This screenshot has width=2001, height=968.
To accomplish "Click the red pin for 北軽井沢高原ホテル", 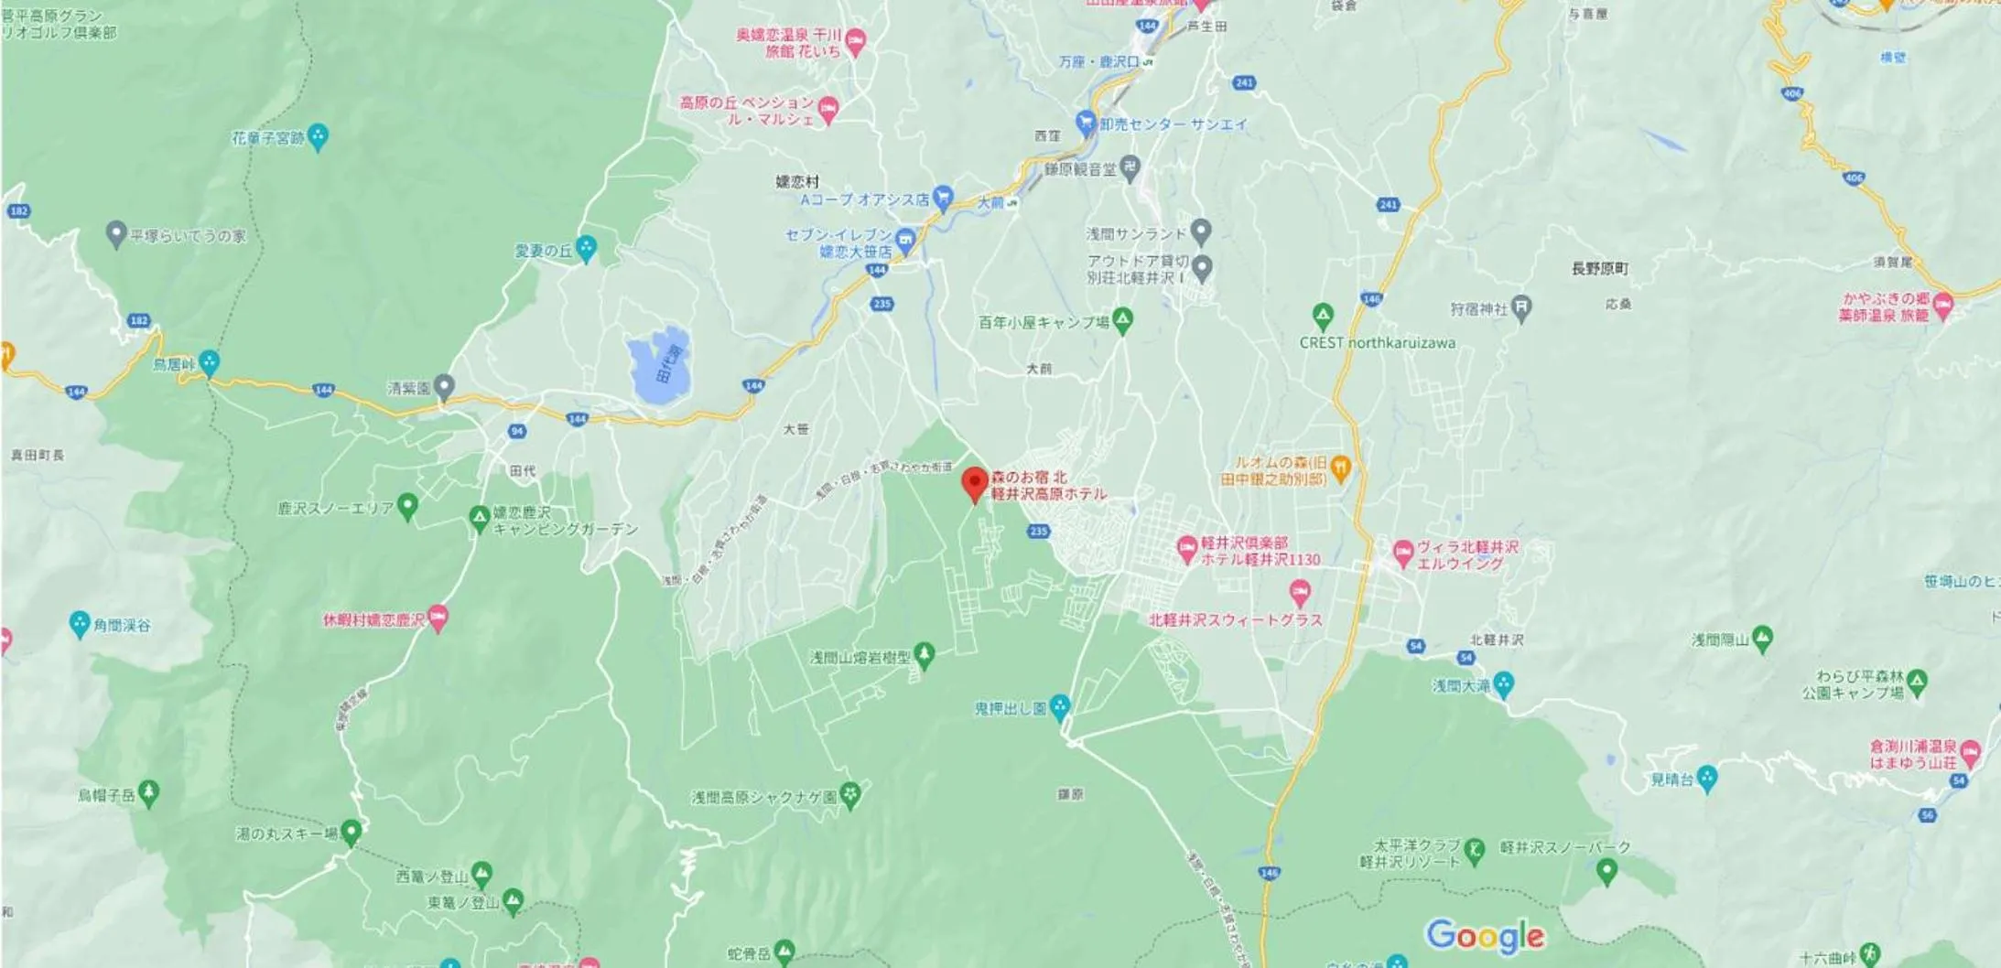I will click(975, 482).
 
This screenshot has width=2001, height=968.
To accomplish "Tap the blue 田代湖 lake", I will click(660, 367).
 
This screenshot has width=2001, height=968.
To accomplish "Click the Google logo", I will click(1485, 935).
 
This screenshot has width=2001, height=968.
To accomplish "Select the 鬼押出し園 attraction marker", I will click(1060, 706).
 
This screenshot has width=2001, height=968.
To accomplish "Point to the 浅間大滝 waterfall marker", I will click(1503, 684).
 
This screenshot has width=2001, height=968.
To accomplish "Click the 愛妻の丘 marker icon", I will click(586, 248).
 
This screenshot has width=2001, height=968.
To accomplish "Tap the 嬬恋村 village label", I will click(797, 182).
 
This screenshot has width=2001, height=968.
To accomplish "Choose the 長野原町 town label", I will click(1599, 269).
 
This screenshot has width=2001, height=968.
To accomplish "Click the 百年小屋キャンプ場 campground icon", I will click(1123, 320).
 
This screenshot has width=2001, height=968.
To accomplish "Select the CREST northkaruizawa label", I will click(1377, 343).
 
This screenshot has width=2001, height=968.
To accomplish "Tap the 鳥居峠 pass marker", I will click(210, 363).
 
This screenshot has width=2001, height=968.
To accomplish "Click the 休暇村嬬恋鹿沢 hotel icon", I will click(438, 618).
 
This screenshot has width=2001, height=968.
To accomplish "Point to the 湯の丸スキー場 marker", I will click(351, 833).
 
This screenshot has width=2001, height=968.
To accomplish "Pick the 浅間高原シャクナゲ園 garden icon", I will click(850, 795).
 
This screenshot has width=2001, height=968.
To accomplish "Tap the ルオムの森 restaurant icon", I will click(1340, 468).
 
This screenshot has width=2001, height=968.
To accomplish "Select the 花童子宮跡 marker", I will click(318, 137).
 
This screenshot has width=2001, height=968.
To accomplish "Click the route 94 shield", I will click(517, 431).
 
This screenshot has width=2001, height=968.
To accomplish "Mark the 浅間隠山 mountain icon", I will click(1762, 638).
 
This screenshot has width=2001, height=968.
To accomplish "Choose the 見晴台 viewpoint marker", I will click(1706, 779).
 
